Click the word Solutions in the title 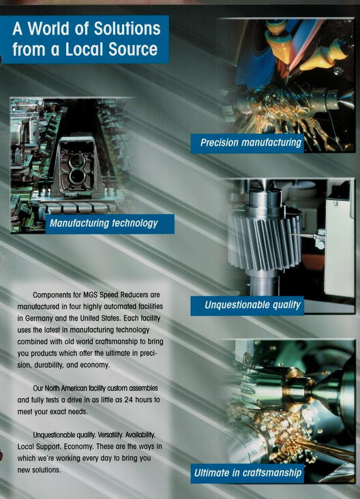click(127, 29)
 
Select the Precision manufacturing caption click(250, 143)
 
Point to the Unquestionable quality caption click(252, 305)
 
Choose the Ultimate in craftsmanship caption click(248, 473)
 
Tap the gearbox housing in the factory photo click(77, 166)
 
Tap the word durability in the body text click(48, 365)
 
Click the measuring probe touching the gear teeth click(306, 236)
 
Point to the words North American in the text click(65, 389)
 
